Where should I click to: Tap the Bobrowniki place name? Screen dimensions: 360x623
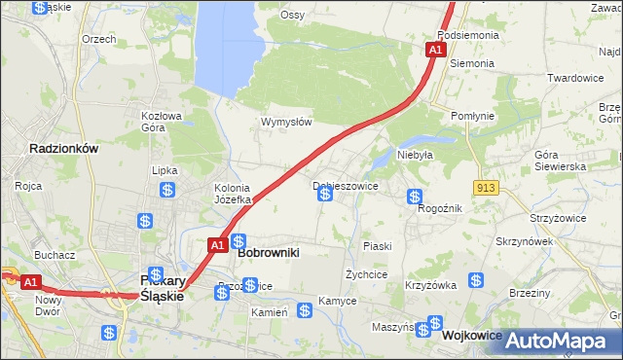tap(268, 252)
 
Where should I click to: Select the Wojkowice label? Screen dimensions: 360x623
tap(471, 335)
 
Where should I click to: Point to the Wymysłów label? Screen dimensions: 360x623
tap(285, 122)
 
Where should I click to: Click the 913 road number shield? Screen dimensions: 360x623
tap(488, 187)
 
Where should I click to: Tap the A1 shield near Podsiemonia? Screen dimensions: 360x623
tap(435, 49)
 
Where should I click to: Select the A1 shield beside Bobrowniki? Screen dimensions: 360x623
tap(218, 245)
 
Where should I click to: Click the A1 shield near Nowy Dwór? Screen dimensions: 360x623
tap(30, 282)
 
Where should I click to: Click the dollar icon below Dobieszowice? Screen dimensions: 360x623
tap(325, 195)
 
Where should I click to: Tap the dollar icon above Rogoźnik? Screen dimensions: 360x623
tap(415, 197)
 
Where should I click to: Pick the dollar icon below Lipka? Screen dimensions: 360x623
tap(167, 191)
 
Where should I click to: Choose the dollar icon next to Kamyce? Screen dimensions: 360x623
tap(305, 310)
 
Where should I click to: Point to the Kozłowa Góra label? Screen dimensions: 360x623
tap(162, 122)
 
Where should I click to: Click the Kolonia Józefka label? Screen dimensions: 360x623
tap(233, 194)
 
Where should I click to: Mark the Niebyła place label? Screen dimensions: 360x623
tap(414, 154)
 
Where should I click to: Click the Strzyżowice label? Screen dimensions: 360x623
tap(557, 218)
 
